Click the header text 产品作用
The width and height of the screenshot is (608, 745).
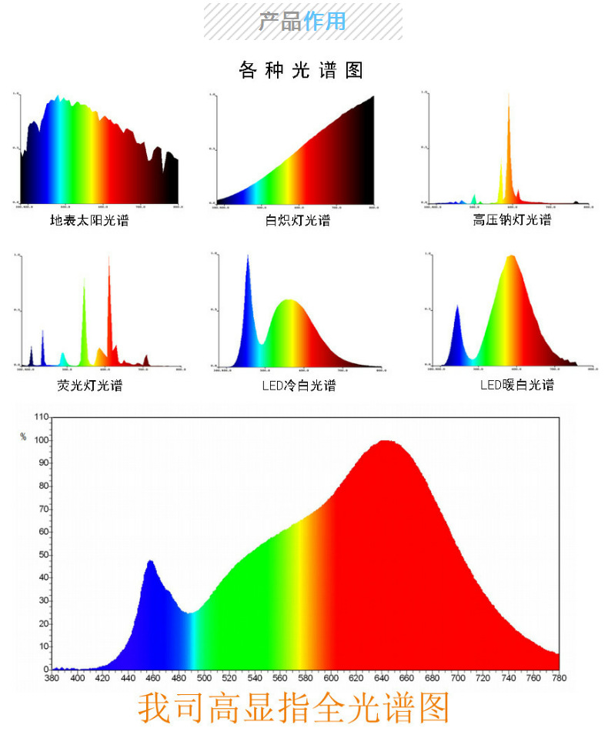(302, 21)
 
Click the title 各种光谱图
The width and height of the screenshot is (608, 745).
(301, 71)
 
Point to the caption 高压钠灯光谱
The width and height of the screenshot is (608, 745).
(512, 220)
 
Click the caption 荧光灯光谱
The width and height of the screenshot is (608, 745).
(89, 385)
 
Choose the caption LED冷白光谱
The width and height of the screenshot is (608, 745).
(299, 386)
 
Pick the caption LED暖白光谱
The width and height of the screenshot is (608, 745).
(516, 385)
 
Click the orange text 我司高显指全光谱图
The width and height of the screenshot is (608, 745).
(293, 708)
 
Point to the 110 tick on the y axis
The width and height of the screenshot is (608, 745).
(41, 417)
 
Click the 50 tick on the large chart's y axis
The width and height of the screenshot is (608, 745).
(43, 555)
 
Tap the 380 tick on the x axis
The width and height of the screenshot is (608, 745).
(52, 678)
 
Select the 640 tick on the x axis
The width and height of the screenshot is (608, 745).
(382, 678)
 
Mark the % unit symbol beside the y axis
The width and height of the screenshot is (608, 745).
(23, 437)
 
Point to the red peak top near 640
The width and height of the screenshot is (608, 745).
(386, 443)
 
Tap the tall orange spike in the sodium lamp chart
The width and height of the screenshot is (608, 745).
(509, 123)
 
